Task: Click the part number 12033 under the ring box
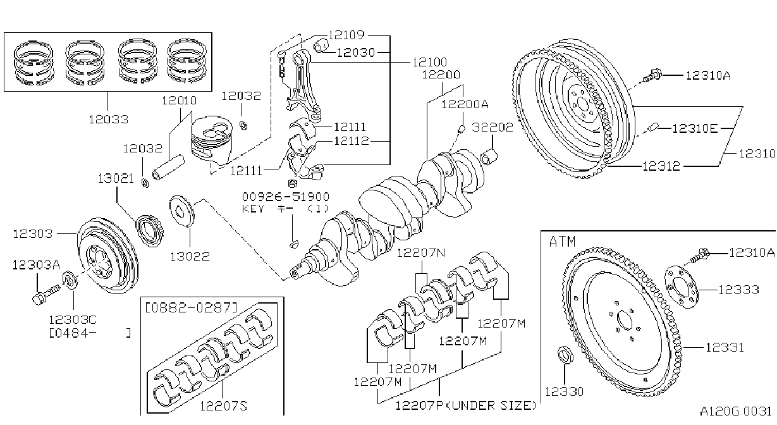click(x=109, y=120)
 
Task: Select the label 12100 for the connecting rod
click(x=430, y=62)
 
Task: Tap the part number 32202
click(x=493, y=127)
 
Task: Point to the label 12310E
click(x=695, y=128)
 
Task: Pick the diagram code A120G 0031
click(x=735, y=411)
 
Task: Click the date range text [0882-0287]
click(x=191, y=307)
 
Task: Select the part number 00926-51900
click(x=286, y=197)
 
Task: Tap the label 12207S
click(x=224, y=405)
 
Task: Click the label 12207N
click(x=421, y=252)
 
